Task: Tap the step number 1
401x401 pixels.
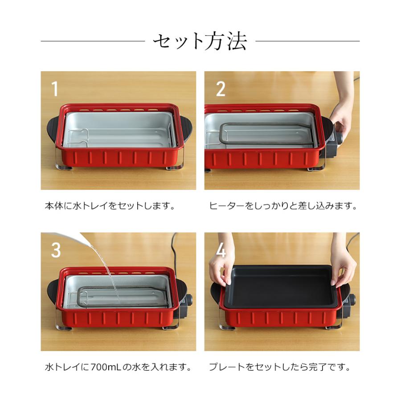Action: tap(54, 89)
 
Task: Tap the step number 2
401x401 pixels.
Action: tap(221, 89)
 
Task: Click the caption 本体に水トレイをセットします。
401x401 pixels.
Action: tap(110, 206)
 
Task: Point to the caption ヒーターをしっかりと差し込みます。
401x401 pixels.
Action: tap(283, 206)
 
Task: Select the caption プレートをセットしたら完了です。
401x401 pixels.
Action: tap(280, 368)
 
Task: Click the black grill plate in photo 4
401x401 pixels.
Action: tap(281, 285)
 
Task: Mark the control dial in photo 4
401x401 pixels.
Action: tap(352, 300)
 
